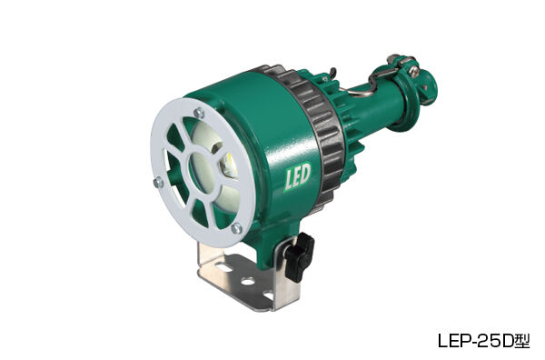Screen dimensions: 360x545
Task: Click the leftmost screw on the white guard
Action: click(158, 183)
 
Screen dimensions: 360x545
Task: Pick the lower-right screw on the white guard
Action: click(237, 228)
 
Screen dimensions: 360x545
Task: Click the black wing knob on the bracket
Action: click(296, 256)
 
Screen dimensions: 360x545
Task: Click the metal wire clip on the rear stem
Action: click(388, 69)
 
